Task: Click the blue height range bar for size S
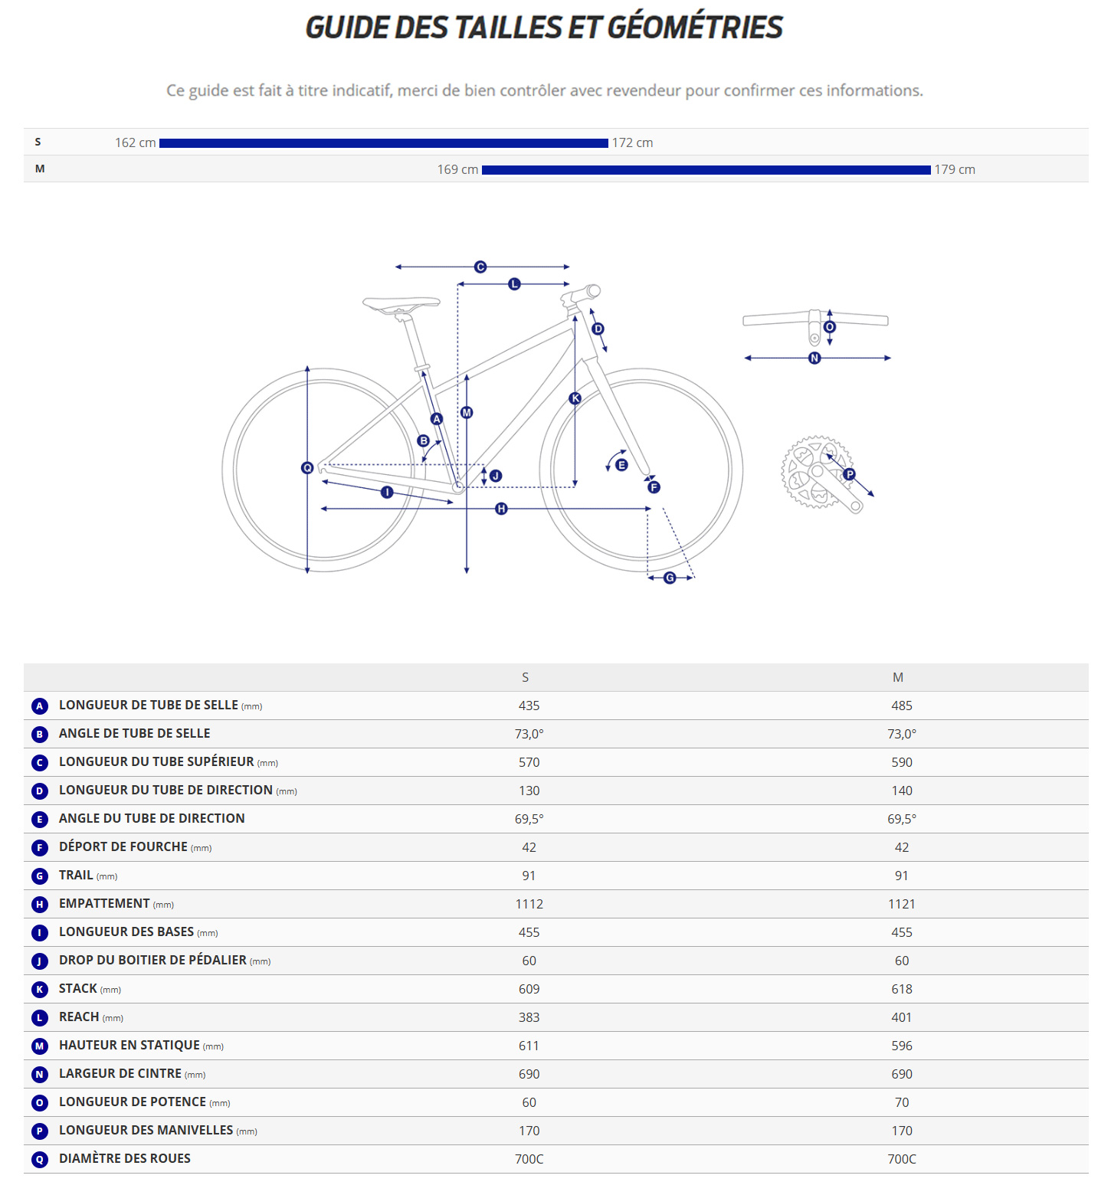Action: pos(383,143)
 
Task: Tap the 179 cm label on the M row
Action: pos(954,170)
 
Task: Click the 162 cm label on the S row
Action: pos(135,143)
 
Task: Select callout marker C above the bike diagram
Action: pos(480,267)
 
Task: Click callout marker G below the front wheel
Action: pos(670,578)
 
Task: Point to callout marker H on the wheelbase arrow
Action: pos(501,509)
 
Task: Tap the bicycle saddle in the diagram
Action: pos(401,304)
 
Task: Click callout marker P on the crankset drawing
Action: pos(849,474)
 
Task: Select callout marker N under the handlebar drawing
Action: pos(814,358)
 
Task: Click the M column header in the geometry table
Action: pos(897,677)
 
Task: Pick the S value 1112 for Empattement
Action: pos(529,904)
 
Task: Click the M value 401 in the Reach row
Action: pos(901,1017)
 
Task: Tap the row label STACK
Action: pos(78,989)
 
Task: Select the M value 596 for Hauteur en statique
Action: pos(901,1046)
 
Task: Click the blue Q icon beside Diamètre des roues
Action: pos(40,1160)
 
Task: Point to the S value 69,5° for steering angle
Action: pos(529,819)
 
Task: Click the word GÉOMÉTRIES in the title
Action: pos(695,28)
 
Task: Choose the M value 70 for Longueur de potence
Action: pos(901,1102)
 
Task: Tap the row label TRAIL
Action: pos(76,876)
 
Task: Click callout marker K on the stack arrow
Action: pos(575,398)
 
